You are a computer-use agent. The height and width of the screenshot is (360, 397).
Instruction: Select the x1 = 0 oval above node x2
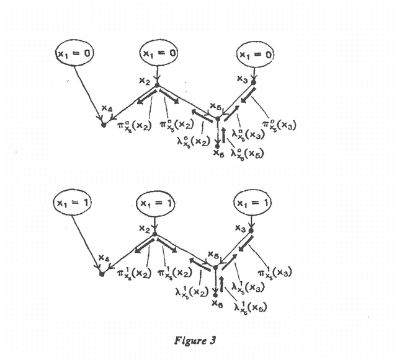(158, 54)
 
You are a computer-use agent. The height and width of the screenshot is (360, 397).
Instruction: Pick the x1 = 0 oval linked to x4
(74, 54)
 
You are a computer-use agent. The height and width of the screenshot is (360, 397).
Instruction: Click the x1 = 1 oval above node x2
(158, 203)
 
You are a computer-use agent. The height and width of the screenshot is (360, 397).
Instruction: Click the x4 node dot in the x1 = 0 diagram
(103, 125)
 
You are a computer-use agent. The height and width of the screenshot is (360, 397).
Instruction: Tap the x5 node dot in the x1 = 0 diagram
(218, 116)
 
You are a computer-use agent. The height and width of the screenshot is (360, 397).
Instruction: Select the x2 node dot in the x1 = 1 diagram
(156, 234)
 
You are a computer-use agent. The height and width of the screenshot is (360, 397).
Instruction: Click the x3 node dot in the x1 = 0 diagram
(253, 82)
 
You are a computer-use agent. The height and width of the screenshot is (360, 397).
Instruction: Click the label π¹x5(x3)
(276, 273)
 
